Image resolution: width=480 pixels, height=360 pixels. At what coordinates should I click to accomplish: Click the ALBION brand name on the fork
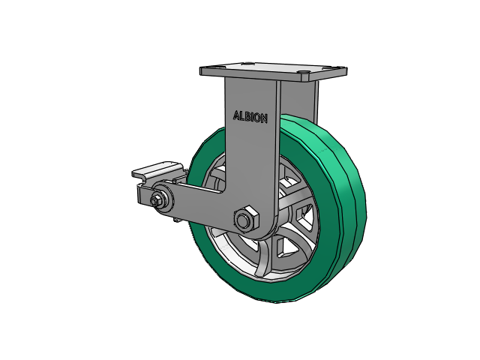point(250,117)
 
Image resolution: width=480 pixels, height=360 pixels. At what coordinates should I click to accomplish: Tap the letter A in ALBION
point(236,115)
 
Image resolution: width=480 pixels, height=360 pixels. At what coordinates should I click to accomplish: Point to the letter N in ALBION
point(264,118)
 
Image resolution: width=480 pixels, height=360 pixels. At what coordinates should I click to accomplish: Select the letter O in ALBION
point(256,118)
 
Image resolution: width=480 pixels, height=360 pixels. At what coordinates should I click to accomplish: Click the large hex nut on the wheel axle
point(247,219)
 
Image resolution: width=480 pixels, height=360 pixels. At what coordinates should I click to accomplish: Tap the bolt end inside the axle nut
point(243,220)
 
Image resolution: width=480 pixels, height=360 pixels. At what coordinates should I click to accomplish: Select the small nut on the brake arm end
point(154,200)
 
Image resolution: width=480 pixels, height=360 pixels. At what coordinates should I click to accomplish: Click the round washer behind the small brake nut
point(162,199)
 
